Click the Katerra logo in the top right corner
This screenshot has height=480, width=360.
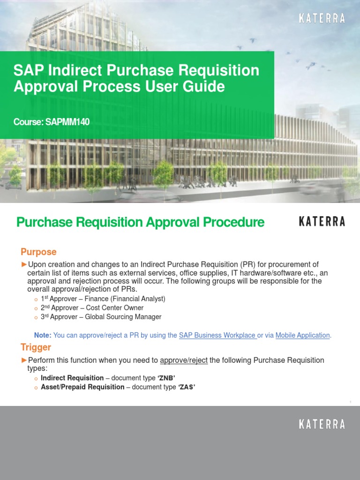click(x=322, y=19)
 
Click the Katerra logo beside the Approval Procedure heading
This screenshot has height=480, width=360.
click(x=322, y=222)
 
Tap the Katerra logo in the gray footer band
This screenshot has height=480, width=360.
click(x=322, y=425)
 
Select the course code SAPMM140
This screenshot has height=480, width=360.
click(x=67, y=122)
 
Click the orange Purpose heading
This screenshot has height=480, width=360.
click(x=38, y=252)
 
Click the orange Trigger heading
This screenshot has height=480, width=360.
click(x=36, y=347)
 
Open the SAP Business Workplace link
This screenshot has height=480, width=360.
click(x=217, y=335)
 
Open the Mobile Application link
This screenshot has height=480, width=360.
click(x=302, y=335)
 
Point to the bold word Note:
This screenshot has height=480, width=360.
click(x=43, y=335)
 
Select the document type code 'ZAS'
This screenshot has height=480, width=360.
click(x=187, y=387)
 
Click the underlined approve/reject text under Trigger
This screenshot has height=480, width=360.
click(x=184, y=360)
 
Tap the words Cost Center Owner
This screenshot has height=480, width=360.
click(x=115, y=308)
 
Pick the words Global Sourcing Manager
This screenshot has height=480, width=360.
click(x=123, y=317)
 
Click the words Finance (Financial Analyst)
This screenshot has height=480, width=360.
click(x=126, y=299)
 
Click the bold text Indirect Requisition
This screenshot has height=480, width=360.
click(x=72, y=378)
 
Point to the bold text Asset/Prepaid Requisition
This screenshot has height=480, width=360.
click(x=82, y=387)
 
